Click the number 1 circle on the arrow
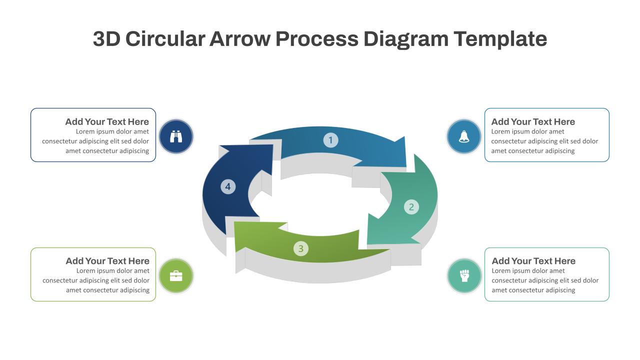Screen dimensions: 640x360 pyautogui.click(x=330, y=140)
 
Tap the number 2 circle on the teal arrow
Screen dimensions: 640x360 pyautogui.click(x=411, y=207)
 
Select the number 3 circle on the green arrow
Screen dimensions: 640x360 pyautogui.click(x=301, y=248)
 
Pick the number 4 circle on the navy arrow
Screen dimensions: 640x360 pyautogui.click(x=228, y=186)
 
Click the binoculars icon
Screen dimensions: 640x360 pyautogui.click(x=176, y=136)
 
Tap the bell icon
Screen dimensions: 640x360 pyautogui.click(x=464, y=136)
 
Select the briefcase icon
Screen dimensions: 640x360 pyautogui.click(x=176, y=276)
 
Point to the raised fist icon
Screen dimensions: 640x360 pyautogui.click(x=464, y=275)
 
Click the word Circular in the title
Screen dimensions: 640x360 pyautogui.click(x=165, y=38)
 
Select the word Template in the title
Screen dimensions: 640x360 pyautogui.click(x=500, y=39)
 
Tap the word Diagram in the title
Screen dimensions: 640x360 pyautogui.click(x=406, y=39)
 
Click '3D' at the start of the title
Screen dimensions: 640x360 pyautogui.click(x=106, y=38)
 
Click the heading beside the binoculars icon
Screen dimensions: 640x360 pyautogui.click(x=107, y=121)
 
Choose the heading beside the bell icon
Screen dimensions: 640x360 pyautogui.click(x=533, y=121)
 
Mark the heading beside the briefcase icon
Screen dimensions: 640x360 pyautogui.click(x=107, y=261)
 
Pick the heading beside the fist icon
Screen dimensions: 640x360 pyautogui.click(x=533, y=261)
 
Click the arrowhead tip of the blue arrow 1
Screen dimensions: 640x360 pyautogui.click(x=405, y=166)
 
